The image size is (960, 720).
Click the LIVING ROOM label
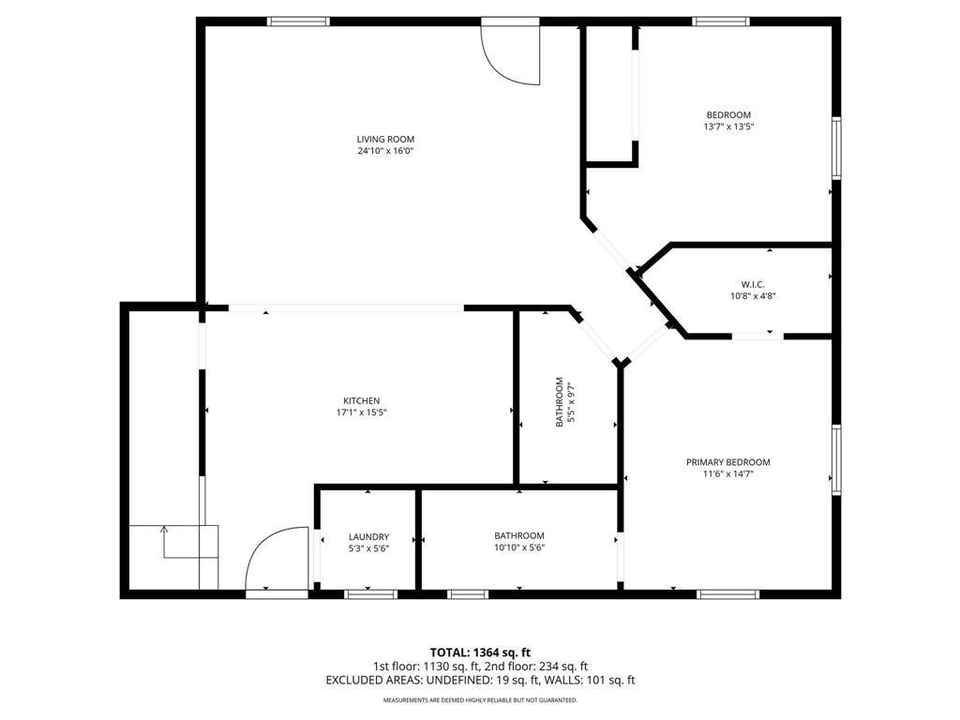385,140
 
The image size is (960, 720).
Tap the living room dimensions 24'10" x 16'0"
385,151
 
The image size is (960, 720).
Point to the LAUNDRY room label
368,537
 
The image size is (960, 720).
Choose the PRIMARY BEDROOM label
728,462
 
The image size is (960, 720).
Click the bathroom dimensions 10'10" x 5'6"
519,548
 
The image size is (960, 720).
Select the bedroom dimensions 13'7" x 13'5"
728,127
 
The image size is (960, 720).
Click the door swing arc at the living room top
511,56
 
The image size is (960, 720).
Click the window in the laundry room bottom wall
371,593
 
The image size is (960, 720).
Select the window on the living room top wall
298,21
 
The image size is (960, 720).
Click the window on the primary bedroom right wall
836,459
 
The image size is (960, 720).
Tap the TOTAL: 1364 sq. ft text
480,652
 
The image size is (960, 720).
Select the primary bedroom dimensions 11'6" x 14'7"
728,474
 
